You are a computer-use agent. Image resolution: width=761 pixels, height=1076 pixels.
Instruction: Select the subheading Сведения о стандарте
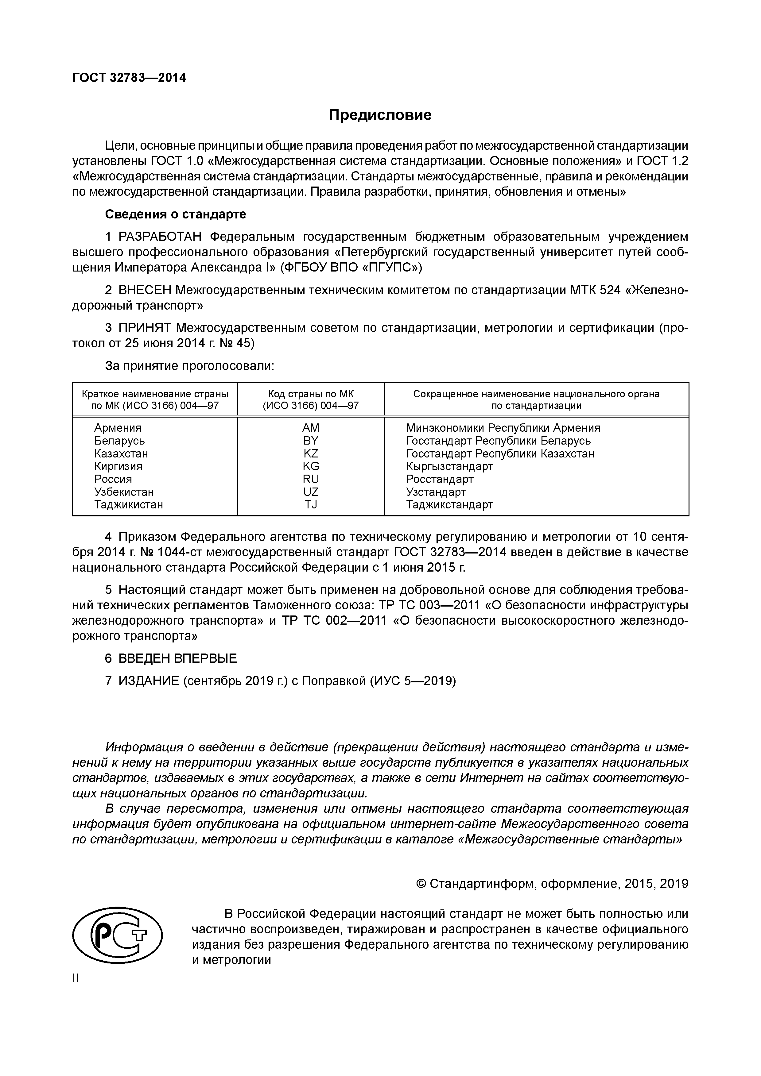click(175, 214)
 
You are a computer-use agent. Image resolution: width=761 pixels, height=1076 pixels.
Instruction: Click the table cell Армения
click(118, 428)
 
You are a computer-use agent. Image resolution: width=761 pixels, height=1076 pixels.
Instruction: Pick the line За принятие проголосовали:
click(189, 365)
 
